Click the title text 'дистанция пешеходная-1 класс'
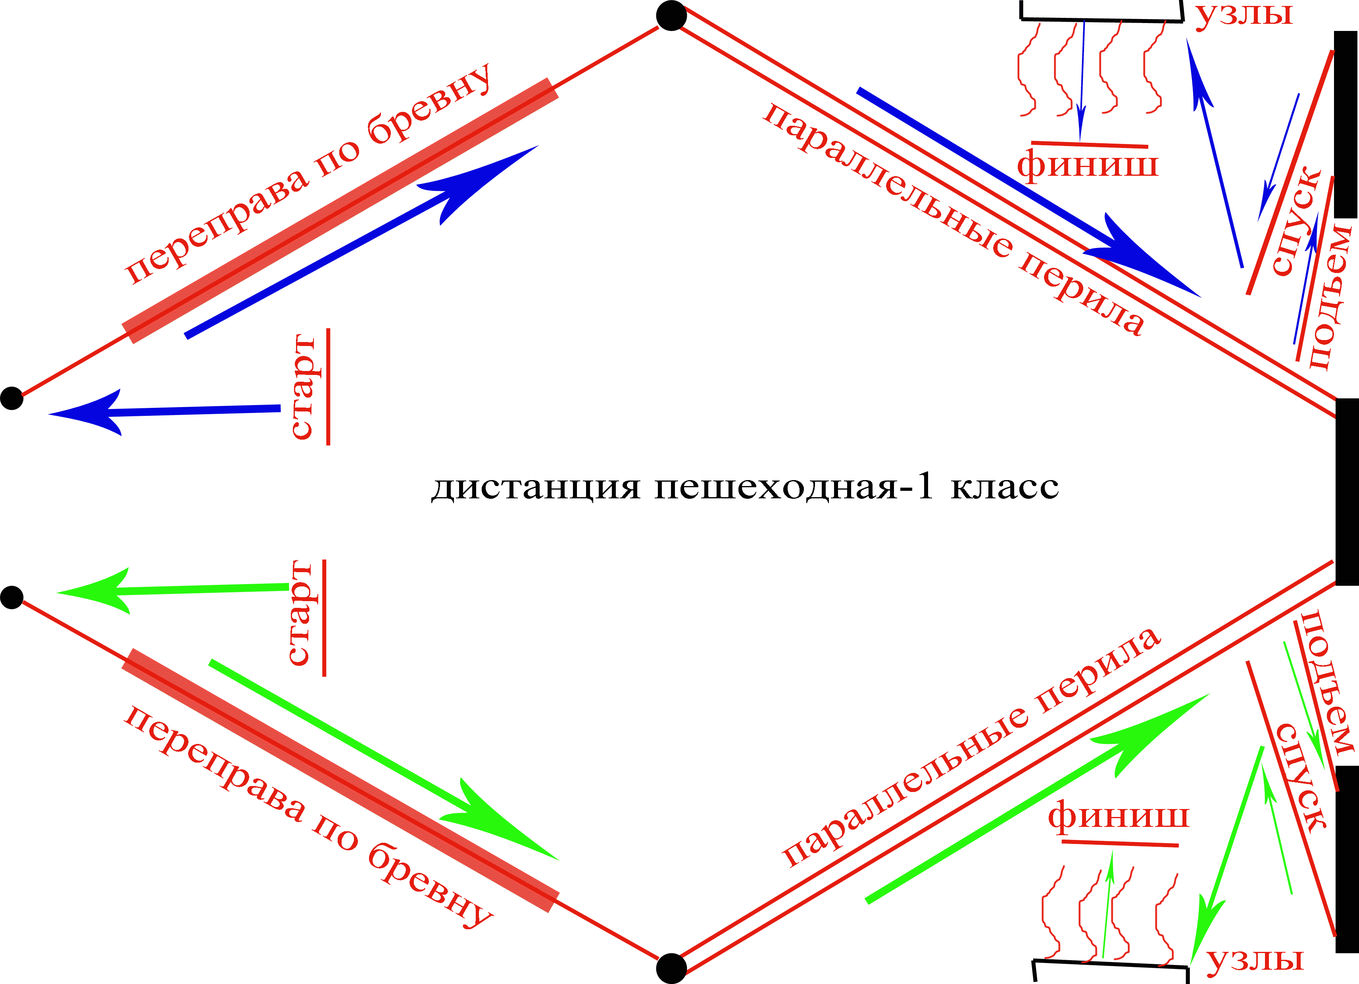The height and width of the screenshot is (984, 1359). [x=745, y=486]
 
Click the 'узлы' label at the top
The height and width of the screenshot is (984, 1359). [x=1244, y=13]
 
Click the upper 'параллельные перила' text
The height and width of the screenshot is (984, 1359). [x=953, y=219]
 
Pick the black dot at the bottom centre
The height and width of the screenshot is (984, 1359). [x=671, y=968]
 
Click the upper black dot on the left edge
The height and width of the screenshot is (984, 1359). [x=12, y=398]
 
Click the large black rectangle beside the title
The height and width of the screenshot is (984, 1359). [x=1347, y=491]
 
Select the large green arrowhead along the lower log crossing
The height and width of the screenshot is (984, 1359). [x=497, y=821]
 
